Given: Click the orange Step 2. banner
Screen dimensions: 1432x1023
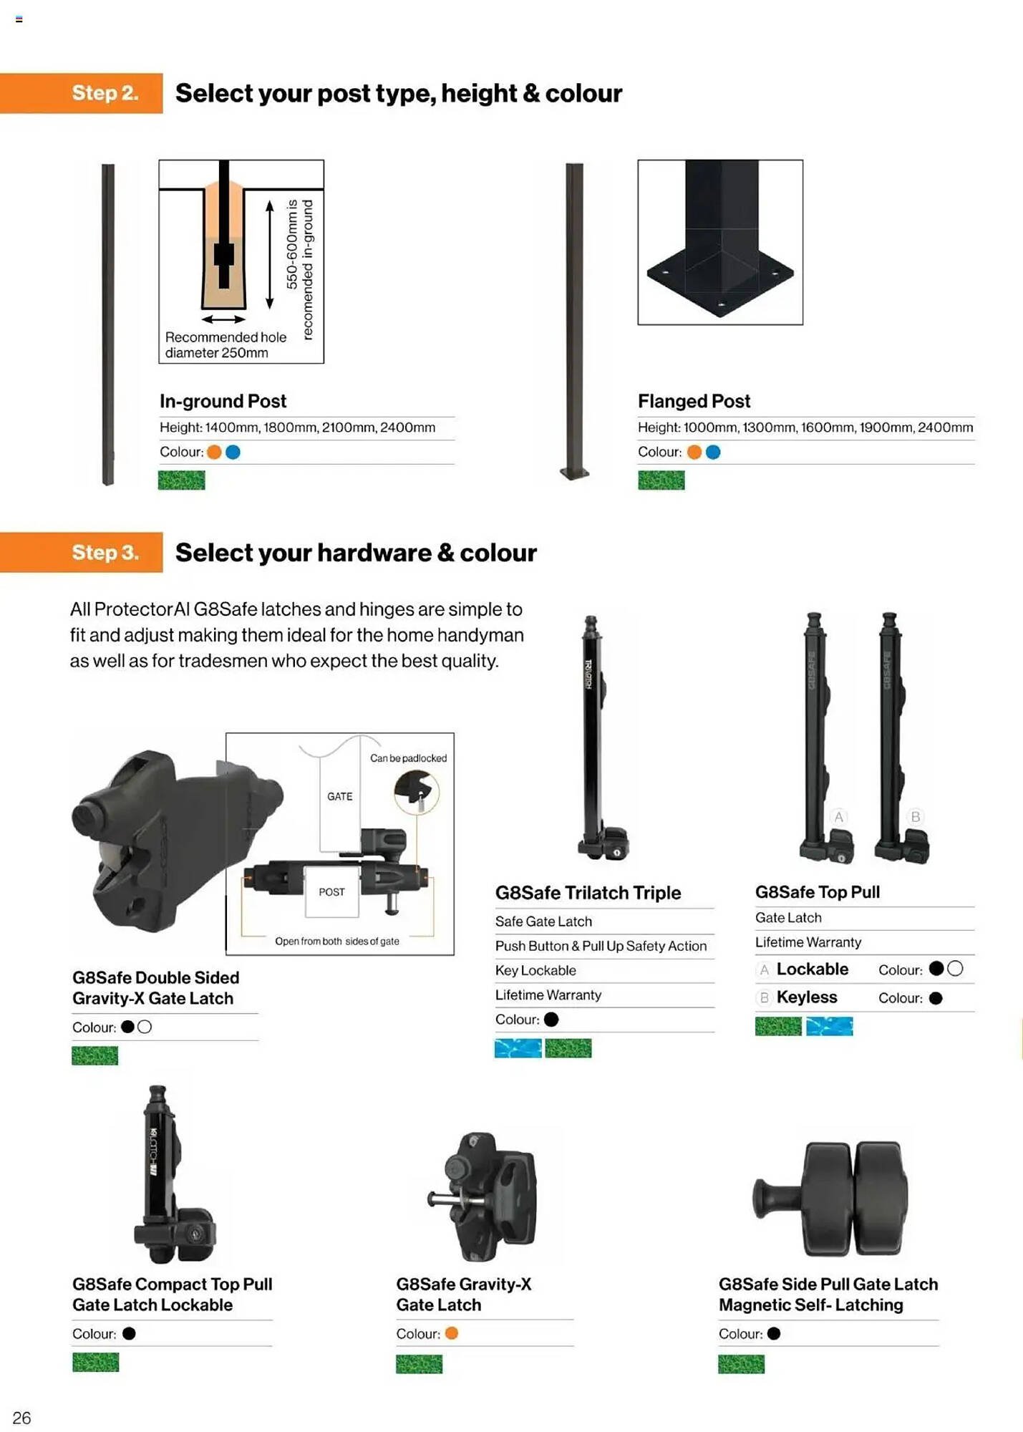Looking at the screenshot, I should pyautogui.click(x=82, y=93).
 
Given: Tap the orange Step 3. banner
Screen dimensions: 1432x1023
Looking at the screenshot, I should pyautogui.click(x=82, y=553).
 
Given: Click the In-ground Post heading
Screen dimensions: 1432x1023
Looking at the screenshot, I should pyautogui.click(x=223, y=401).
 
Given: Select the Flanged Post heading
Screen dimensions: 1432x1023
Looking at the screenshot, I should pyautogui.click(x=694, y=401).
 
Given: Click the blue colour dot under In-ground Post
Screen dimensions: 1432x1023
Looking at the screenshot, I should pyautogui.click(x=233, y=452).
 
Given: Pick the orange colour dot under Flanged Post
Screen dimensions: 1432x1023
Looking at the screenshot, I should pyautogui.click(x=694, y=452).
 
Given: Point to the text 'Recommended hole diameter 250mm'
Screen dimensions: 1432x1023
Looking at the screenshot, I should pyautogui.click(x=226, y=344).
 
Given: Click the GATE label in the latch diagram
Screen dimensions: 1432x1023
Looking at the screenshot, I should pyautogui.click(x=339, y=796).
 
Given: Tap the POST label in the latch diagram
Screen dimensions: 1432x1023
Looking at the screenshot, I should pyautogui.click(x=331, y=891).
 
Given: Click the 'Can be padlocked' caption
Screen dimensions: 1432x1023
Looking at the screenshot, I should pyautogui.click(x=408, y=758).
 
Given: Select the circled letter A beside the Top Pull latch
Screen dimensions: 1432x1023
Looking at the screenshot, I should pyautogui.click(x=838, y=816).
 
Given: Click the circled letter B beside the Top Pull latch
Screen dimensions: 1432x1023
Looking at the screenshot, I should pyautogui.click(x=915, y=816).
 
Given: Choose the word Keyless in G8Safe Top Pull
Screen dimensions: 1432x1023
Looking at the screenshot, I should pyautogui.click(x=807, y=997).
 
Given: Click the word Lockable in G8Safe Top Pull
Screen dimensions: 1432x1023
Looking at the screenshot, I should pyautogui.click(x=813, y=969).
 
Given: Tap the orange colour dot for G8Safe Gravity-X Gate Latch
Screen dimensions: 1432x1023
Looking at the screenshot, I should pyautogui.click(x=451, y=1333).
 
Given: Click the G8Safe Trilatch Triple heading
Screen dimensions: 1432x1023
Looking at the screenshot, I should pyautogui.click(x=588, y=892).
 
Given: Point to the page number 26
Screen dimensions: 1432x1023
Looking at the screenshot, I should pyautogui.click(x=21, y=1418).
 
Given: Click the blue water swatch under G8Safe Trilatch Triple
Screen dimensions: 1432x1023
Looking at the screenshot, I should pyautogui.click(x=518, y=1048).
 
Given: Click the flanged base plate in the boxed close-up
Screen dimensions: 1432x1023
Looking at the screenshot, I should pyautogui.click(x=720, y=279).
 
